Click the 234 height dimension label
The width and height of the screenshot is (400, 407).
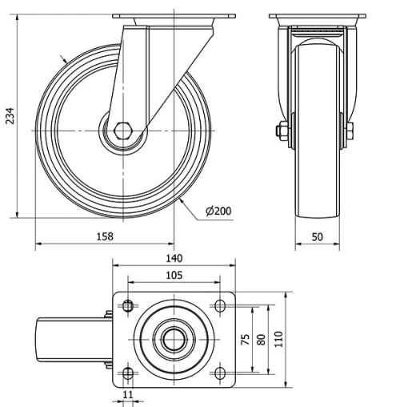pyautogui.click(x=9, y=116)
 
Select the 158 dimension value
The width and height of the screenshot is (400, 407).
pyautogui.click(x=105, y=236)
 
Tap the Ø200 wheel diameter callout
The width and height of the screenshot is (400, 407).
pyautogui.click(x=218, y=211)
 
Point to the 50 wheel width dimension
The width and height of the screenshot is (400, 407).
pyautogui.click(x=316, y=236)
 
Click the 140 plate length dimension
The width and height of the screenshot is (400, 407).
pyautogui.click(x=174, y=258)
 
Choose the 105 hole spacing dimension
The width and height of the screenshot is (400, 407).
pyautogui.click(x=174, y=275)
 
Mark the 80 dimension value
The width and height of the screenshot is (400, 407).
pyautogui.click(x=262, y=339)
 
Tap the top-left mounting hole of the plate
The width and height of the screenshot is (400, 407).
pyautogui.click(x=128, y=305)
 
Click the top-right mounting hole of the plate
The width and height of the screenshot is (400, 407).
pyautogui.click(x=218, y=305)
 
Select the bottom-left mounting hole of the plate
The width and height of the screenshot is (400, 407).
pyautogui.click(x=128, y=373)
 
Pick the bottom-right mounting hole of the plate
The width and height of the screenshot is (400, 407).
pyautogui.click(x=218, y=373)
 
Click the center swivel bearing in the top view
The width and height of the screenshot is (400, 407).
pyautogui.click(x=174, y=339)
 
